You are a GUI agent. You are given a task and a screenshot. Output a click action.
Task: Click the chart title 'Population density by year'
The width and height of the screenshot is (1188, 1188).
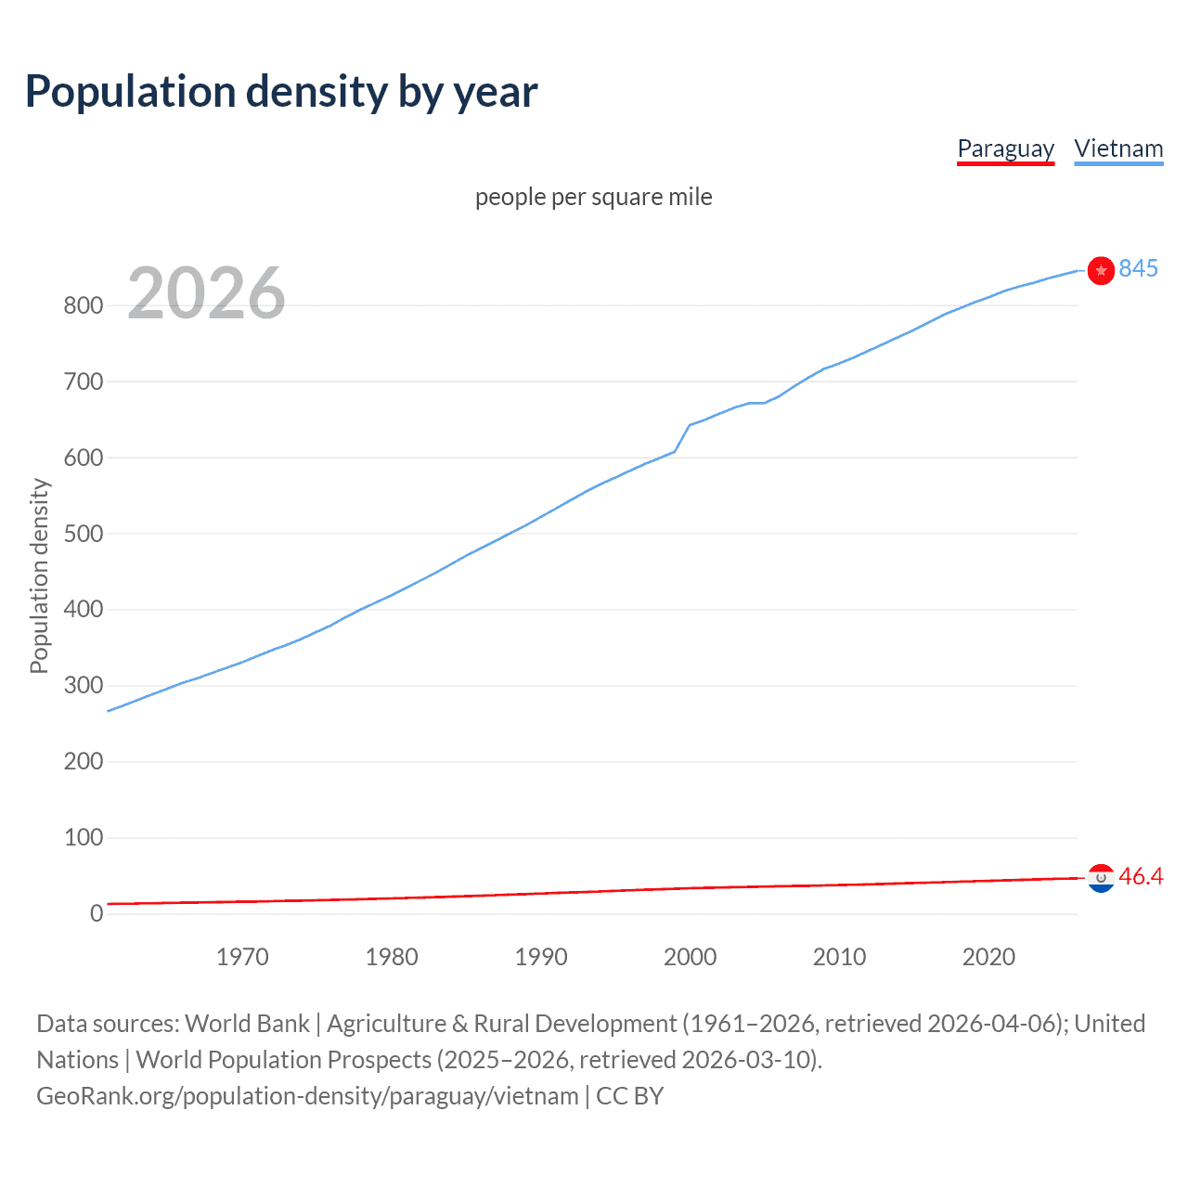point(281,92)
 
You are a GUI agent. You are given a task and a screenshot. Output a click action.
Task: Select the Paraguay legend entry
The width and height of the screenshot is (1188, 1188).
point(1005,149)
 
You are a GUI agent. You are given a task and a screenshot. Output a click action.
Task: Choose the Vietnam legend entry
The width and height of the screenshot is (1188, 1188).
point(1118,149)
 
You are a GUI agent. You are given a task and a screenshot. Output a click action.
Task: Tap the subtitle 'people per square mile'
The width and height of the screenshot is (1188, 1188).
point(593,198)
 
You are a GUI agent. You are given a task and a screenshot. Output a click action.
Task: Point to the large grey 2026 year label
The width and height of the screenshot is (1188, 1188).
point(206,293)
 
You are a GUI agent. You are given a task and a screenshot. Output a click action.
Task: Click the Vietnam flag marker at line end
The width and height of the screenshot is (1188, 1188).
point(1101,270)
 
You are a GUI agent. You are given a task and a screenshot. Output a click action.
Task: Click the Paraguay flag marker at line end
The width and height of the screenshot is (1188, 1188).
point(1101,877)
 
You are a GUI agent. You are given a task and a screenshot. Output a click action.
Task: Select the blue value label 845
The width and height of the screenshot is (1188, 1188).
point(1138,269)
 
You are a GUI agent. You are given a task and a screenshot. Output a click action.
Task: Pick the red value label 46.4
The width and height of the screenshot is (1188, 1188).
point(1141,877)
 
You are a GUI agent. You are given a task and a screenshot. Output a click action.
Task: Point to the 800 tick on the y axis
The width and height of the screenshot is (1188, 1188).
point(83,306)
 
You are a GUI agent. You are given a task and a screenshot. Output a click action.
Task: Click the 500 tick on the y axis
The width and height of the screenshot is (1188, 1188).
point(83,535)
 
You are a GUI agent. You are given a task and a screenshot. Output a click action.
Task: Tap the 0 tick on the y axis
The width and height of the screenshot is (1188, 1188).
point(97,914)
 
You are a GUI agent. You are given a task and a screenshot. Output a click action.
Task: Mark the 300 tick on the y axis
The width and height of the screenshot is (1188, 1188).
point(83,687)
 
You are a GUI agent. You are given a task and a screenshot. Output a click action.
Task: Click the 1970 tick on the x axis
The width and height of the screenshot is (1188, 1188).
point(242,957)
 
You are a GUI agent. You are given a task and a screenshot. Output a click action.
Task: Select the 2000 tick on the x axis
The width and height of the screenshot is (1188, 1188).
point(690,957)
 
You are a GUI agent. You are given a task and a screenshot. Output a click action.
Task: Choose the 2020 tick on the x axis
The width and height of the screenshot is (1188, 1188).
point(988,957)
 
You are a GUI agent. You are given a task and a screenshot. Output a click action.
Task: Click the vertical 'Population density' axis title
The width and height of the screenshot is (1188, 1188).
point(39,575)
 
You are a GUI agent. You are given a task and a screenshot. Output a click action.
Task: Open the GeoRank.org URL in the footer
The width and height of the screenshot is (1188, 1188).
point(307,1096)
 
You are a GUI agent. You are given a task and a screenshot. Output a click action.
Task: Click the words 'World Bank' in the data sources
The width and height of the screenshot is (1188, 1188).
point(247,1024)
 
